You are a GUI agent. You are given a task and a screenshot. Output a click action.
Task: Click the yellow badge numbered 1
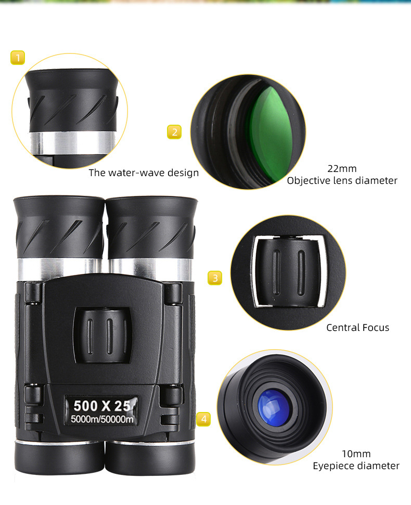18,57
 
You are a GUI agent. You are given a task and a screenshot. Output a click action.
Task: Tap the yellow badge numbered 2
174,132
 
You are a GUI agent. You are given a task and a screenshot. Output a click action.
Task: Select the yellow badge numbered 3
215,278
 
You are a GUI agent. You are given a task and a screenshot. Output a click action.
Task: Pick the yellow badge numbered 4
203,419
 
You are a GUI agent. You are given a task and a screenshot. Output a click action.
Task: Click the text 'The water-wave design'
144,173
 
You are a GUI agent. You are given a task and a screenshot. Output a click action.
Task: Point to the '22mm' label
342,168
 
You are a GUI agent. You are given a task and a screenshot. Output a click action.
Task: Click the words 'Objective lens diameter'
342,181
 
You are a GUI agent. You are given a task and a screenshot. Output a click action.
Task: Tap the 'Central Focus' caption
357,327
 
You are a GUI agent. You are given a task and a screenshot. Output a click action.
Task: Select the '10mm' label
356,454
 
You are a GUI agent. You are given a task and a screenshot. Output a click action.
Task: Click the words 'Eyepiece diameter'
356,466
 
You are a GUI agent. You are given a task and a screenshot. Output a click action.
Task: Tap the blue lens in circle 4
273,405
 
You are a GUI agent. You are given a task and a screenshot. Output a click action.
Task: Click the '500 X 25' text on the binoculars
101,405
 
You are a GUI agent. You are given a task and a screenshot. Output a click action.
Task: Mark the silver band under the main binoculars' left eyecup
57,268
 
